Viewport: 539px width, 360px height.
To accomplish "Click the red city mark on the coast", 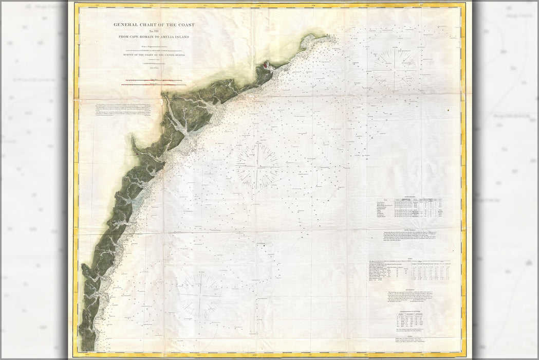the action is click(266, 65).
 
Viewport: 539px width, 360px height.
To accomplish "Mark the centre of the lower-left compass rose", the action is click(200, 295).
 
